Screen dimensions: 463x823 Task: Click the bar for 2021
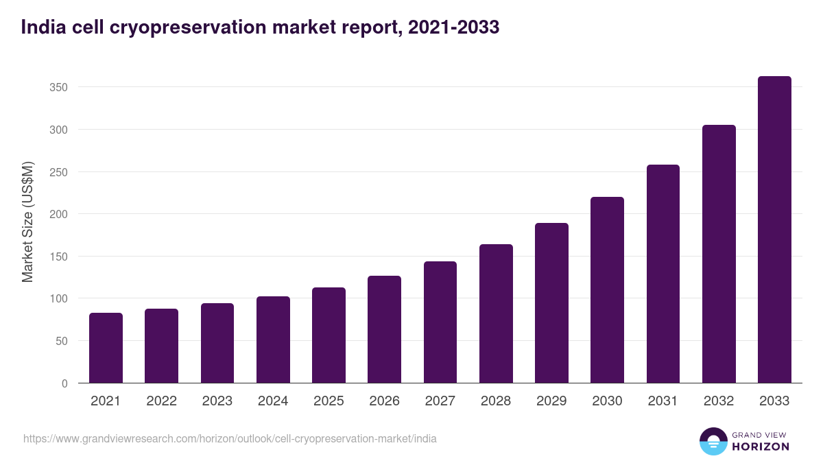[106, 348]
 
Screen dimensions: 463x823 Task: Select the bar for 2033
[774, 230]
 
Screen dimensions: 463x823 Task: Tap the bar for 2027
[440, 322]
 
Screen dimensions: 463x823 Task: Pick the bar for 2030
[607, 290]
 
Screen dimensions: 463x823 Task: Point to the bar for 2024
[273, 340]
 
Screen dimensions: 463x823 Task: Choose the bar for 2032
[719, 254]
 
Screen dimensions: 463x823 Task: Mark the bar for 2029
[551, 303]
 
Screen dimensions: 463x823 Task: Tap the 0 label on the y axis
[64, 383]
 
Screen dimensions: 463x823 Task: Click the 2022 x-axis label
[161, 401]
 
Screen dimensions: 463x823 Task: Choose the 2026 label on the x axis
[384, 401]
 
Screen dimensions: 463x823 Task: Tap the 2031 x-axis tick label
[663, 401]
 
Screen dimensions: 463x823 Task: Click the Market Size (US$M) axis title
[28, 222]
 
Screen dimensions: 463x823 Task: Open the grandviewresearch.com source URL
[230, 438]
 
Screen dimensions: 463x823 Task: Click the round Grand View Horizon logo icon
[713, 441]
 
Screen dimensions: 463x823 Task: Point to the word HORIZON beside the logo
[760, 447]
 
